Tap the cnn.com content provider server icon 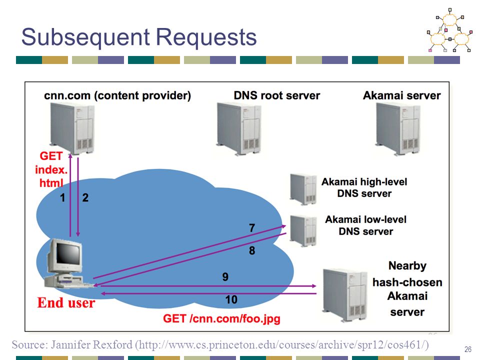pyautogui.click(x=72, y=128)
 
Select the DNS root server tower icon pyautogui.click(x=239, y=128)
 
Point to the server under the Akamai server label pyautogui.click(x=398, y=129)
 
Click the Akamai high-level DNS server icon pyautogui.click(x=303, y=189)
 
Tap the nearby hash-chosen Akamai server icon pyautogui.click(x=345, y=295)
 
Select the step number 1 pyautogui.click(x=62, y=198)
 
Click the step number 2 pyautogui.click(x=85, y=198)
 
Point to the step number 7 pyautogui.click(x=252, y=228)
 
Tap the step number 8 pyautogui.click(x=252, y=250)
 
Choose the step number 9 pyautogui.click(x=225, y=277)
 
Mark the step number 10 pyautogui.click(x=231, y=299)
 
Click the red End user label pyautogui.click(x=66, y=303)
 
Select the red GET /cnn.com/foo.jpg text pyautogui.click(x=221, y=319)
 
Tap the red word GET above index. pyautogui.click(x=51, y=156)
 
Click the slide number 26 pyautogui.click(x=468, y=349)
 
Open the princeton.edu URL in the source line pyautogui.click(x=282, y=345)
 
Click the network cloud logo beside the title pyautogui.click(x=449, y=30)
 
